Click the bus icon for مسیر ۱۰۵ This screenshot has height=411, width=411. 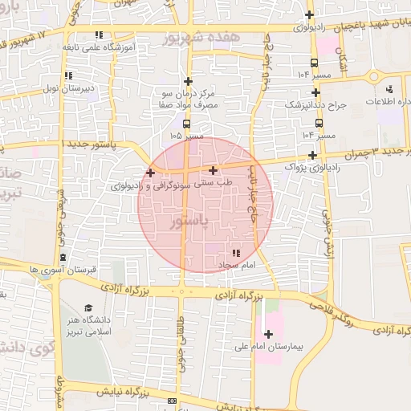pos(187,124)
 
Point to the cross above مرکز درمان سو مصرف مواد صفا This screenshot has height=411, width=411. pos(188,81)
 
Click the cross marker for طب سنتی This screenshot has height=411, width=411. pos(213,170)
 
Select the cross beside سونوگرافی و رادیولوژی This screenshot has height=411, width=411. pos(150,173)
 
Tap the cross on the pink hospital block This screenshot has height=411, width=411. pos(268,333)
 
